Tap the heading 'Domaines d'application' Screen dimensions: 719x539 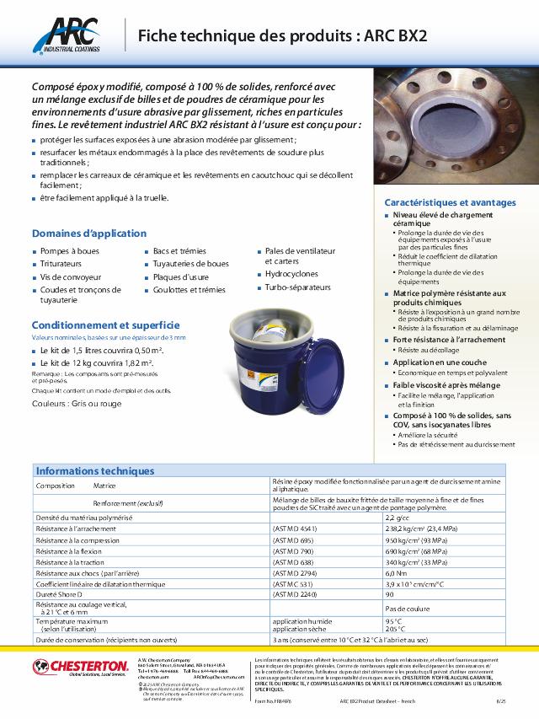click(77, 233)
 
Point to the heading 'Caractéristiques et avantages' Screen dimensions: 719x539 click(450, 203)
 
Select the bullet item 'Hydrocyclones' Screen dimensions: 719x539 click(291, 275)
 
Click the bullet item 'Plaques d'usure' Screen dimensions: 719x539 click(180, 276)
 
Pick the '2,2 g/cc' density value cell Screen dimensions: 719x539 click(398, 516)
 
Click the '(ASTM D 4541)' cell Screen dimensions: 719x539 click(294, 528)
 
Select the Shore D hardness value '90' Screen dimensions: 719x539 click(390, 593)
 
